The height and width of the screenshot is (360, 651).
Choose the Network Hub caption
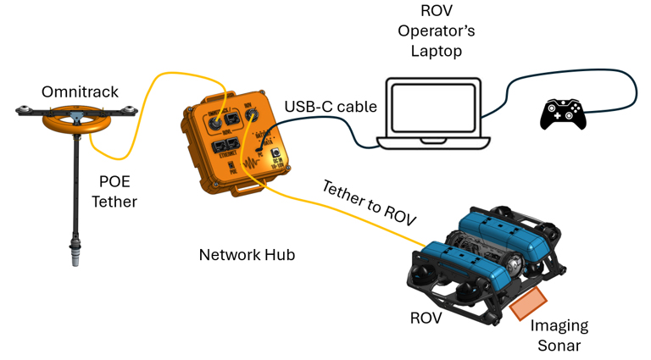pyautogui.click(x=247, y=254)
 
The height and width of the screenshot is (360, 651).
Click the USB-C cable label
pyautogui.click(x=331, y=107)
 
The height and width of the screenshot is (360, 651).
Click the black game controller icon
pyautogui.click(x=563, y=114)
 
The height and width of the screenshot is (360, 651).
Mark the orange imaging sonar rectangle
pyautogui.click(x=528, y=302)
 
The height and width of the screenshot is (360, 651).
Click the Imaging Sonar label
pyautogui.click(x=559, y=335)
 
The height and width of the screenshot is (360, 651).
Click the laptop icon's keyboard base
pyautogui.click(x=434, y=143)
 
